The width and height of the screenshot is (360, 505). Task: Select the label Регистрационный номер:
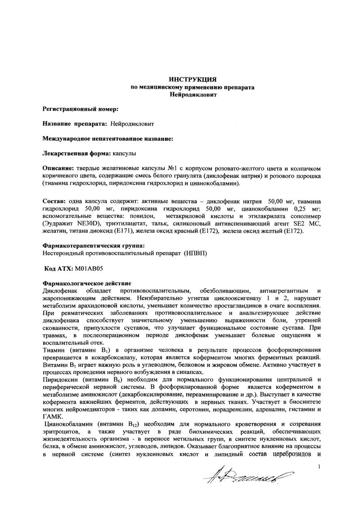point(81,109)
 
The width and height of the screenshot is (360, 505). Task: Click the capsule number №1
point(173,168)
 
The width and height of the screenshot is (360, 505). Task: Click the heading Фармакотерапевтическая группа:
point(94,246)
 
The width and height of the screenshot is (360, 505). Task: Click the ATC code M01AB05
point(89,269)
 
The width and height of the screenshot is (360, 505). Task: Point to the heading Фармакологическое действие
point(87,284)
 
